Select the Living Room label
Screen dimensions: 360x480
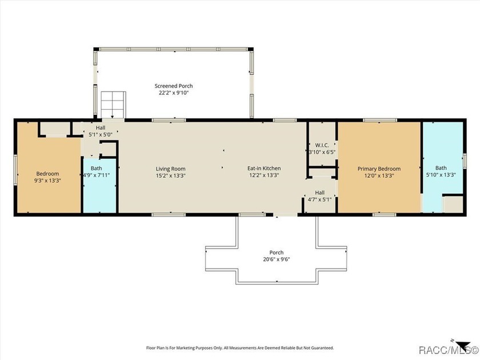coord(170,169)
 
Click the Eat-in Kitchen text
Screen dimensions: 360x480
coord(263,169)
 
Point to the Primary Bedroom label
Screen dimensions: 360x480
coord(379,169)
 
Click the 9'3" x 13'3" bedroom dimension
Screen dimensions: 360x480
coord(48,180)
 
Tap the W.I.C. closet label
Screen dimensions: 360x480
coord(317,145)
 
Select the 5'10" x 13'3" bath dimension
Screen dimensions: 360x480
coord(441,176)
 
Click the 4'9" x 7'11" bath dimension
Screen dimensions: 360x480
coord(96,176)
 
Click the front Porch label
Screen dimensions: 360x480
coord(277,253)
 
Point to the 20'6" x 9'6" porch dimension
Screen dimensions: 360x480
coord(277,259)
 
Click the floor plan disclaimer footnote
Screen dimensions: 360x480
coord(239,347)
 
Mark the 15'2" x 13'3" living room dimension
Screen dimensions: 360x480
coord(170,176)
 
